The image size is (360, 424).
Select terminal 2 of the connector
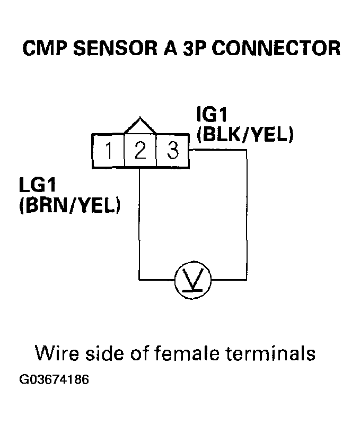click(x=140, y=152)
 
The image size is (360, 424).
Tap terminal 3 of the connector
click(x=172, y=152)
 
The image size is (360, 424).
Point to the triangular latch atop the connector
click(x=140, y=125)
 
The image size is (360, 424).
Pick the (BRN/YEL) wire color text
click(x=69, y=205)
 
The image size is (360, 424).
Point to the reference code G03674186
click(x=54, y=380)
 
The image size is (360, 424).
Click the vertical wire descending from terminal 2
click(x=139, y=223)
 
